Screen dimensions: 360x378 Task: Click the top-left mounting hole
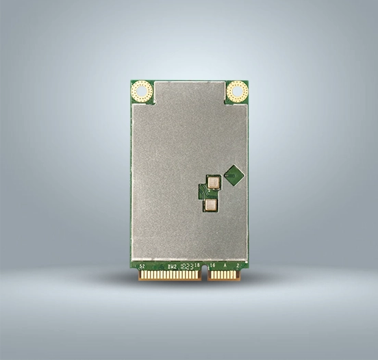142,91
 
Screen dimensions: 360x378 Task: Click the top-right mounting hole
237,91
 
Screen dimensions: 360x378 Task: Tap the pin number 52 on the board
142,265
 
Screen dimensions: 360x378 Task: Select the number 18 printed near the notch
197,265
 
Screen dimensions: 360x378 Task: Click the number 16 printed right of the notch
212,265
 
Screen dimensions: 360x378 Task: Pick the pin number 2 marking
238,265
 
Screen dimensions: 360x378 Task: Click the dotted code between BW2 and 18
186,265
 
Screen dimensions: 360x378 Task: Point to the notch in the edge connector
205,275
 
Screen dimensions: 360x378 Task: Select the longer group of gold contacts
169,275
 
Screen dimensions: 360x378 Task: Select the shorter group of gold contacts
225,275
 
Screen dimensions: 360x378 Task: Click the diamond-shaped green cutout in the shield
234,175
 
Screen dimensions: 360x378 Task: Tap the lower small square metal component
210,204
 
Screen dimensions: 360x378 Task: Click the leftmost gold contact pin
140,275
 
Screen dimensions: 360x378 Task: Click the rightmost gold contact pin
240,275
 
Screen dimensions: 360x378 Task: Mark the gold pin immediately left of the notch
199,275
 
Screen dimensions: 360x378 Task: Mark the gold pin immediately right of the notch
210,275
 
